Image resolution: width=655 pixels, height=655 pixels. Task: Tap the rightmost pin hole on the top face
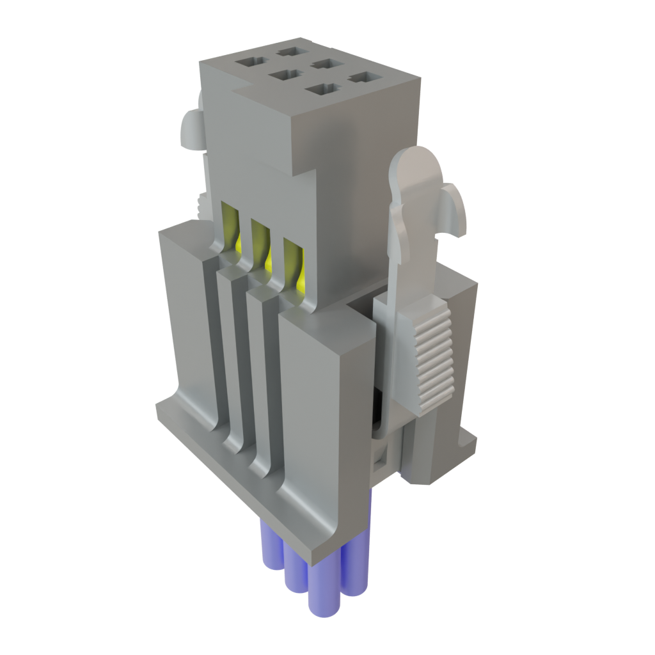[x=363, y=77]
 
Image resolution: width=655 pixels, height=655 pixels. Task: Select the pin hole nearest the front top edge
[x=322, y=88]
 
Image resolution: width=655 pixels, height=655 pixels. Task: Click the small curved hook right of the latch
[x=455, y=208]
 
